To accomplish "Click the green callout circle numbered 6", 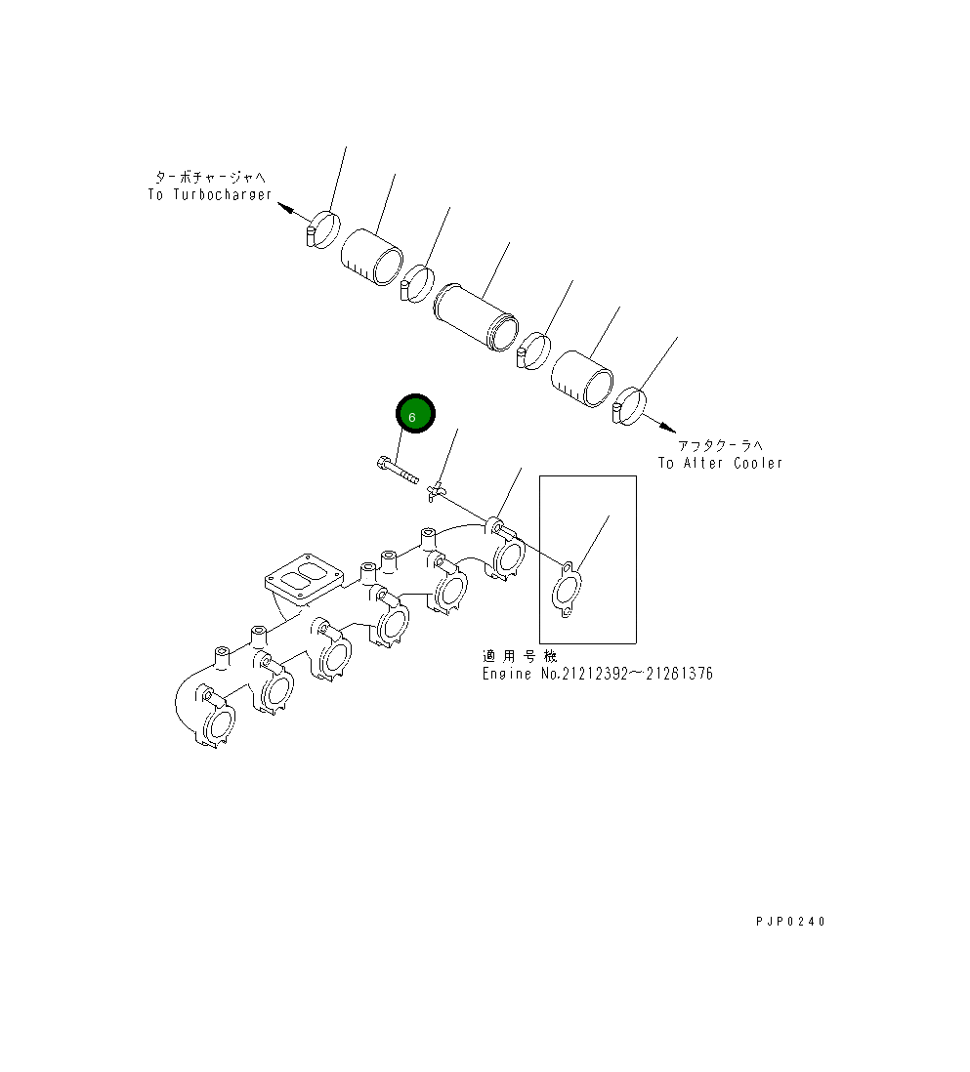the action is pyautogui.click(x=415, y=414).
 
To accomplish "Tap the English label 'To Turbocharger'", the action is pyautogui.click(x=210, y=195).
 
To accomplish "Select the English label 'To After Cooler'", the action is pyautogui.click(x=720, y=463).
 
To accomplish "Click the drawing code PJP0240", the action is pyautogui.click(x=791, y=922).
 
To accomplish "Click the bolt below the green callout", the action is pyautogui.click(x=398, y=471).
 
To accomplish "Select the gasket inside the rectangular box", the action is pyautogui.click(x=567, y=590).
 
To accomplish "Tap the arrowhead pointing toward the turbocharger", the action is pyautogui.click(x=287, y=208).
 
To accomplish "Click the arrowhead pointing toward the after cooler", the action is pyautogui.click(x=667, y=427).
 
